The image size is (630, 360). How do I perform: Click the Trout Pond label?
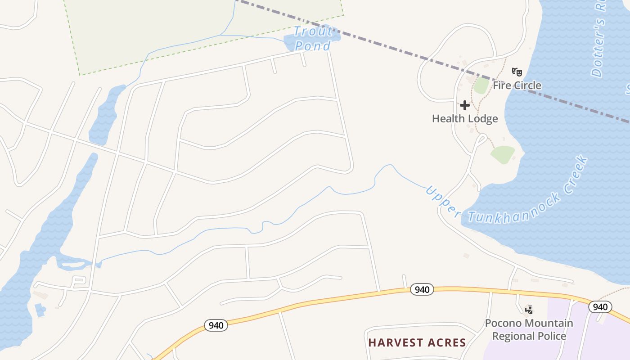(x=313, y=38)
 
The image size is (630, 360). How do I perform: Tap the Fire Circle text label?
(x=517, y=85)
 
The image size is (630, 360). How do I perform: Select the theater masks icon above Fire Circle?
(x=517, y=72)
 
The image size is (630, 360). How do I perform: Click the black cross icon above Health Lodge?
(x=465, y=105)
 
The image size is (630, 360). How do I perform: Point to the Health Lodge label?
(x=465, y=118)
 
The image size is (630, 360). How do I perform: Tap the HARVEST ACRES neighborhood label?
(x=417, y=342)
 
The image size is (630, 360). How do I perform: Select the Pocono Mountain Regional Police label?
(x=529, y=329)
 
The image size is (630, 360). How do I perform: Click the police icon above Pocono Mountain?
(x=529, y=310)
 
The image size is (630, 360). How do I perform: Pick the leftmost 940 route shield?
(x=216, y=325)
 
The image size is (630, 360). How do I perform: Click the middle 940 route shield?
(x=422, y=289)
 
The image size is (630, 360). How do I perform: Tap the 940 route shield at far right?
(x=600, y=307)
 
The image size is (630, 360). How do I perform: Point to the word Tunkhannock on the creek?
(x=515, y=210)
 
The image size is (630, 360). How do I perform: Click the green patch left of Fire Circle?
(x=481, y=85)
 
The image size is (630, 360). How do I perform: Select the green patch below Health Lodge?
(x=503, y=154)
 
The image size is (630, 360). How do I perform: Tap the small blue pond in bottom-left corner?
(x=40, y=310)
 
